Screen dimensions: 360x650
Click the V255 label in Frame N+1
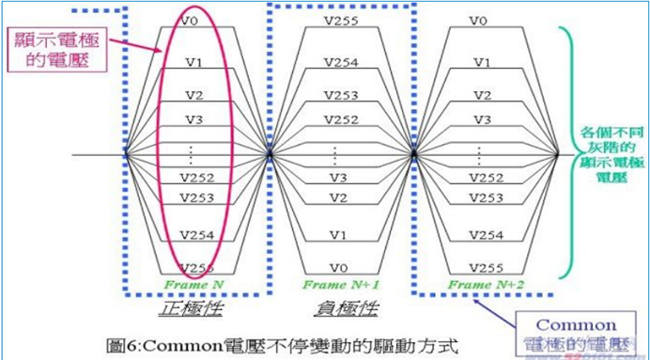point(340,20)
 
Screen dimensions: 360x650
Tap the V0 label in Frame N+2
point(480,20)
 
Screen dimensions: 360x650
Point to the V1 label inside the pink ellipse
point(193,62)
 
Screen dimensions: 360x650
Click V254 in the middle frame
point(340,62)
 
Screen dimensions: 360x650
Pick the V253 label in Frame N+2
point(480,197)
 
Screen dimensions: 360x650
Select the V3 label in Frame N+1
point(340,178)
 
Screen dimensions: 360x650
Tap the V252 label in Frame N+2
point(480,178)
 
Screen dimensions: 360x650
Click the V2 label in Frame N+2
point(480,95)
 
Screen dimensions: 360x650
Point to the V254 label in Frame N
point(193,232)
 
